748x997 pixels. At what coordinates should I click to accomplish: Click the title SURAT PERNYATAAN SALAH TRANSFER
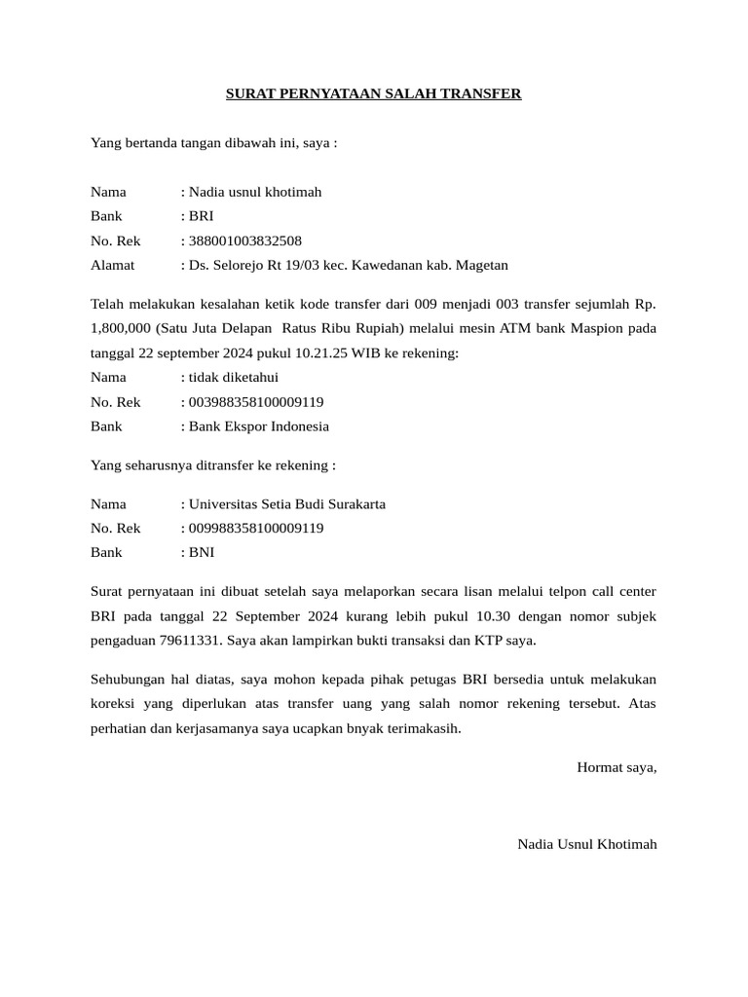pos(374,94)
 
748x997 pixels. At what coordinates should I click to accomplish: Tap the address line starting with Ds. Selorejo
pos(347,265)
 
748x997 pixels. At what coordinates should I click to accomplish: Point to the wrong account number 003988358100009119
pos(255,401)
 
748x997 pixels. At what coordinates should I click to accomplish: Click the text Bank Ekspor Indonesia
pos(258,425)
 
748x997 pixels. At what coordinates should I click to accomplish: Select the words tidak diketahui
pos(233,377)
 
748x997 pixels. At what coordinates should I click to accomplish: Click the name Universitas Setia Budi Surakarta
pos(286,503)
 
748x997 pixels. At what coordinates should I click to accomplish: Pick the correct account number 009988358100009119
pos(255,528)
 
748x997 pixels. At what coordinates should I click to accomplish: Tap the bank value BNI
pos(202,552)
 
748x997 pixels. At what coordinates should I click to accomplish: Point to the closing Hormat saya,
pos(617,766)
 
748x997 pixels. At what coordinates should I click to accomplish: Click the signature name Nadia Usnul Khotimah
pos(587,844)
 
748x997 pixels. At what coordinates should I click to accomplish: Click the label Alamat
pos(113,265)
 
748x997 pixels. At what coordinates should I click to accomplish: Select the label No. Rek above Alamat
pos(116,240)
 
